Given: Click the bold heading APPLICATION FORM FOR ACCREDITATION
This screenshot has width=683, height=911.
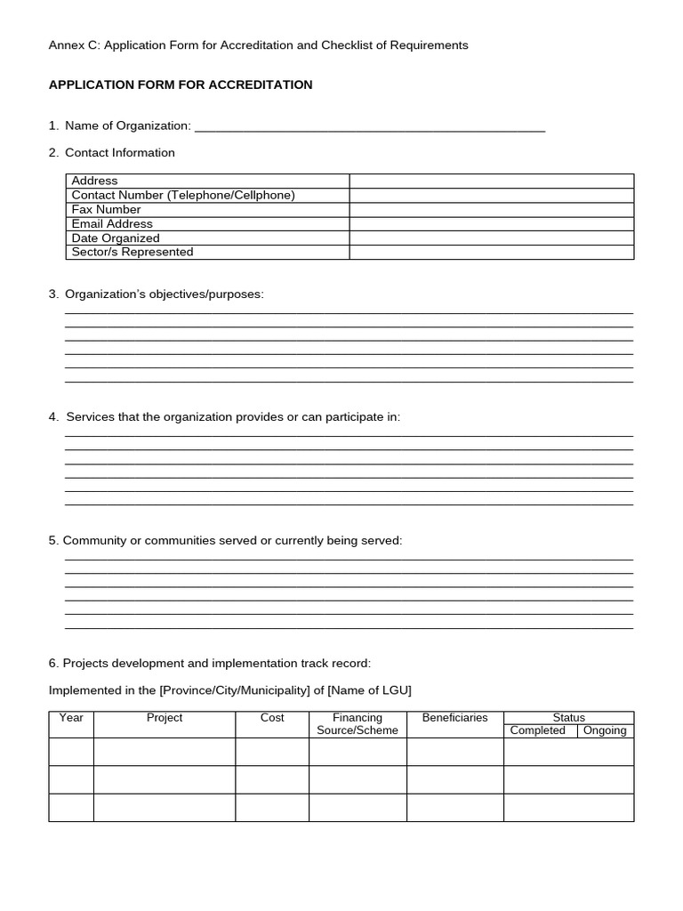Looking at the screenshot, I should tap(181, 85).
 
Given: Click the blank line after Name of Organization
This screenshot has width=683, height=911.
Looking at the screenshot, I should tap(369, 127).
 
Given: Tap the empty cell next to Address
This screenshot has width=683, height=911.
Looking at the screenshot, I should tap(491, 181).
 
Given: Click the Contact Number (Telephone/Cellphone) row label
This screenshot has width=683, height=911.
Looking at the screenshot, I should tap(183, 195).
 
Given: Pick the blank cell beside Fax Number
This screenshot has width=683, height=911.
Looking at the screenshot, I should tap(491, 209).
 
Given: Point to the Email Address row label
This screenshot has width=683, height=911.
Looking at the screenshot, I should tap(112, 223).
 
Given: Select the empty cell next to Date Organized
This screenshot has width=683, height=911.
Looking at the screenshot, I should tap(491, 238).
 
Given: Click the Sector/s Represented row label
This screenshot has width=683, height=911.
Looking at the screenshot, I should tap(133, 252).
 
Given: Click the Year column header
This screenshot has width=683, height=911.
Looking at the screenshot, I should tap(71, 718).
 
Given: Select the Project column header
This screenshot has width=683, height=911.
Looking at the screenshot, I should tap(165, 718).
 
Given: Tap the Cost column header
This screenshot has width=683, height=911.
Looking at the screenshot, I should tap(272, 718).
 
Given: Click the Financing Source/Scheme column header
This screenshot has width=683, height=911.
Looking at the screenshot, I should tap(358, 724).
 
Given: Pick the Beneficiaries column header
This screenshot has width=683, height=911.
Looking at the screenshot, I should tap(455, 718).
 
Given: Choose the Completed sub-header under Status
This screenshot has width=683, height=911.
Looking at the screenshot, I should tap(538, 730).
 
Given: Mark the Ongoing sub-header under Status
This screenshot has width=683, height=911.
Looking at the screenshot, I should tap(605, 730).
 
